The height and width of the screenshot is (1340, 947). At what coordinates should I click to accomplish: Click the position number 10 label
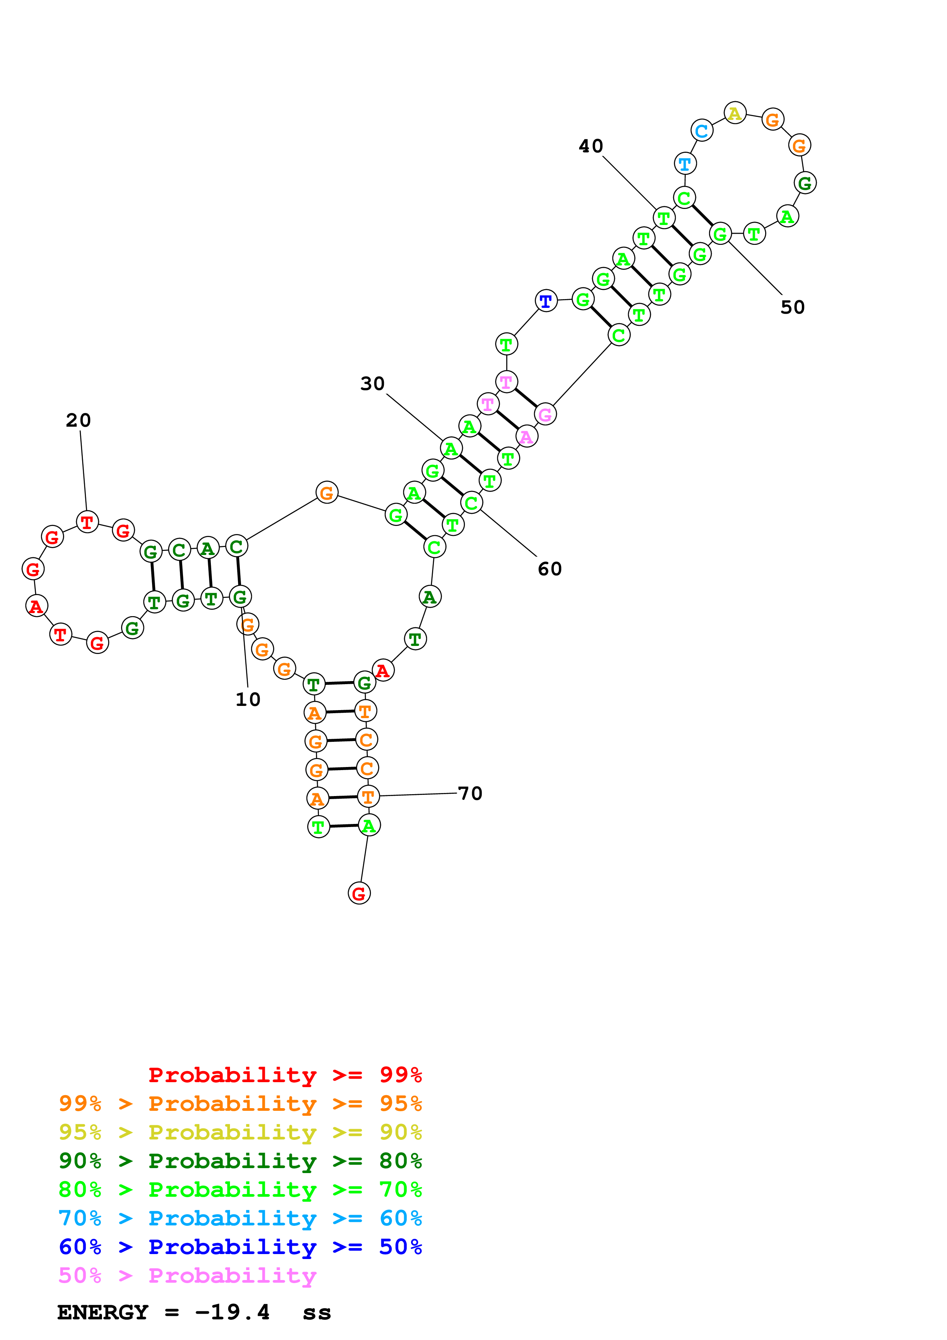248,699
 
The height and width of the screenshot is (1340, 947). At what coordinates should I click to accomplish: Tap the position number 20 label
78,420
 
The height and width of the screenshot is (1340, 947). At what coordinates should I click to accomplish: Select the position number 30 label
372,384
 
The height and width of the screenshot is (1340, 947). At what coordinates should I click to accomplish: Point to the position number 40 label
591,146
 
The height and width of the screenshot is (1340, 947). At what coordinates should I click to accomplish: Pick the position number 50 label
792,307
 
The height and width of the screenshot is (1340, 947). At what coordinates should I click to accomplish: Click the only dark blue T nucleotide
546,301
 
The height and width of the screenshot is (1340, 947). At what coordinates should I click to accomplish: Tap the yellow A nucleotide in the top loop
735,113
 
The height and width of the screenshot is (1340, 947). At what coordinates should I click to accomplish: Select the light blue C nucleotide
701,131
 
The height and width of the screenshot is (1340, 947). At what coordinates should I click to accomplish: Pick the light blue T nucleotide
685,164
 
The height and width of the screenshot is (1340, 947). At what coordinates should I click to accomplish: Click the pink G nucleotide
545,414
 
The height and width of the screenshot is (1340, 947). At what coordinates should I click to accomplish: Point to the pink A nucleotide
526,437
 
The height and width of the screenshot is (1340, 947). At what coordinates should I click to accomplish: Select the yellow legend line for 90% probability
240,1132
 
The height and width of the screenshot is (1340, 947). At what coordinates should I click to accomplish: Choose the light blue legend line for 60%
240,1218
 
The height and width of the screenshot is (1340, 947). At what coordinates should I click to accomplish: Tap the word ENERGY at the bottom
103,1312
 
